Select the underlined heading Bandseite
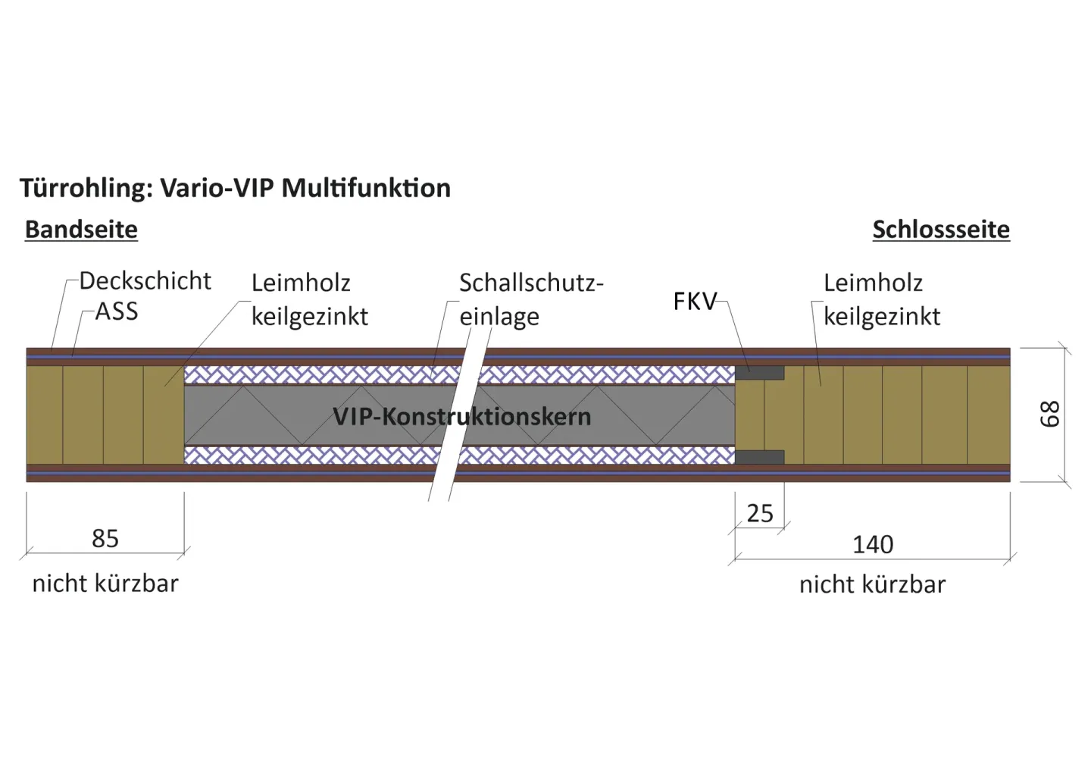[x=81, y=230]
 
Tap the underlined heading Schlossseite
[x=940, y=230]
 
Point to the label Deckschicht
[x=145, y=281]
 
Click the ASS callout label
[x=117, y=311]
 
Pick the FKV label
[x=694, y=302]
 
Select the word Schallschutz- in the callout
[x=530, y=283]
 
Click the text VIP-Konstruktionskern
[x=461, y=416]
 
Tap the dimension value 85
[x=105, y=539]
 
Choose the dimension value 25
[x=760, y=514]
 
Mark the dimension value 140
[x=873, y=544]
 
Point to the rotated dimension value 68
[x=1049, y=415]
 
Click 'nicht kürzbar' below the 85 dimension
[x=105, y=584]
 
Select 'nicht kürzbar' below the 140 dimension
[x=872, y=585]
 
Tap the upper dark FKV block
[x=760, y=373]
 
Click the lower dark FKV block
[x=760, y=457]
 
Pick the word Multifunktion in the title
[x=366, y=189]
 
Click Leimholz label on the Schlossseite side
[x=873, y=283]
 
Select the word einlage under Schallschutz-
[x=499, y=317]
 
